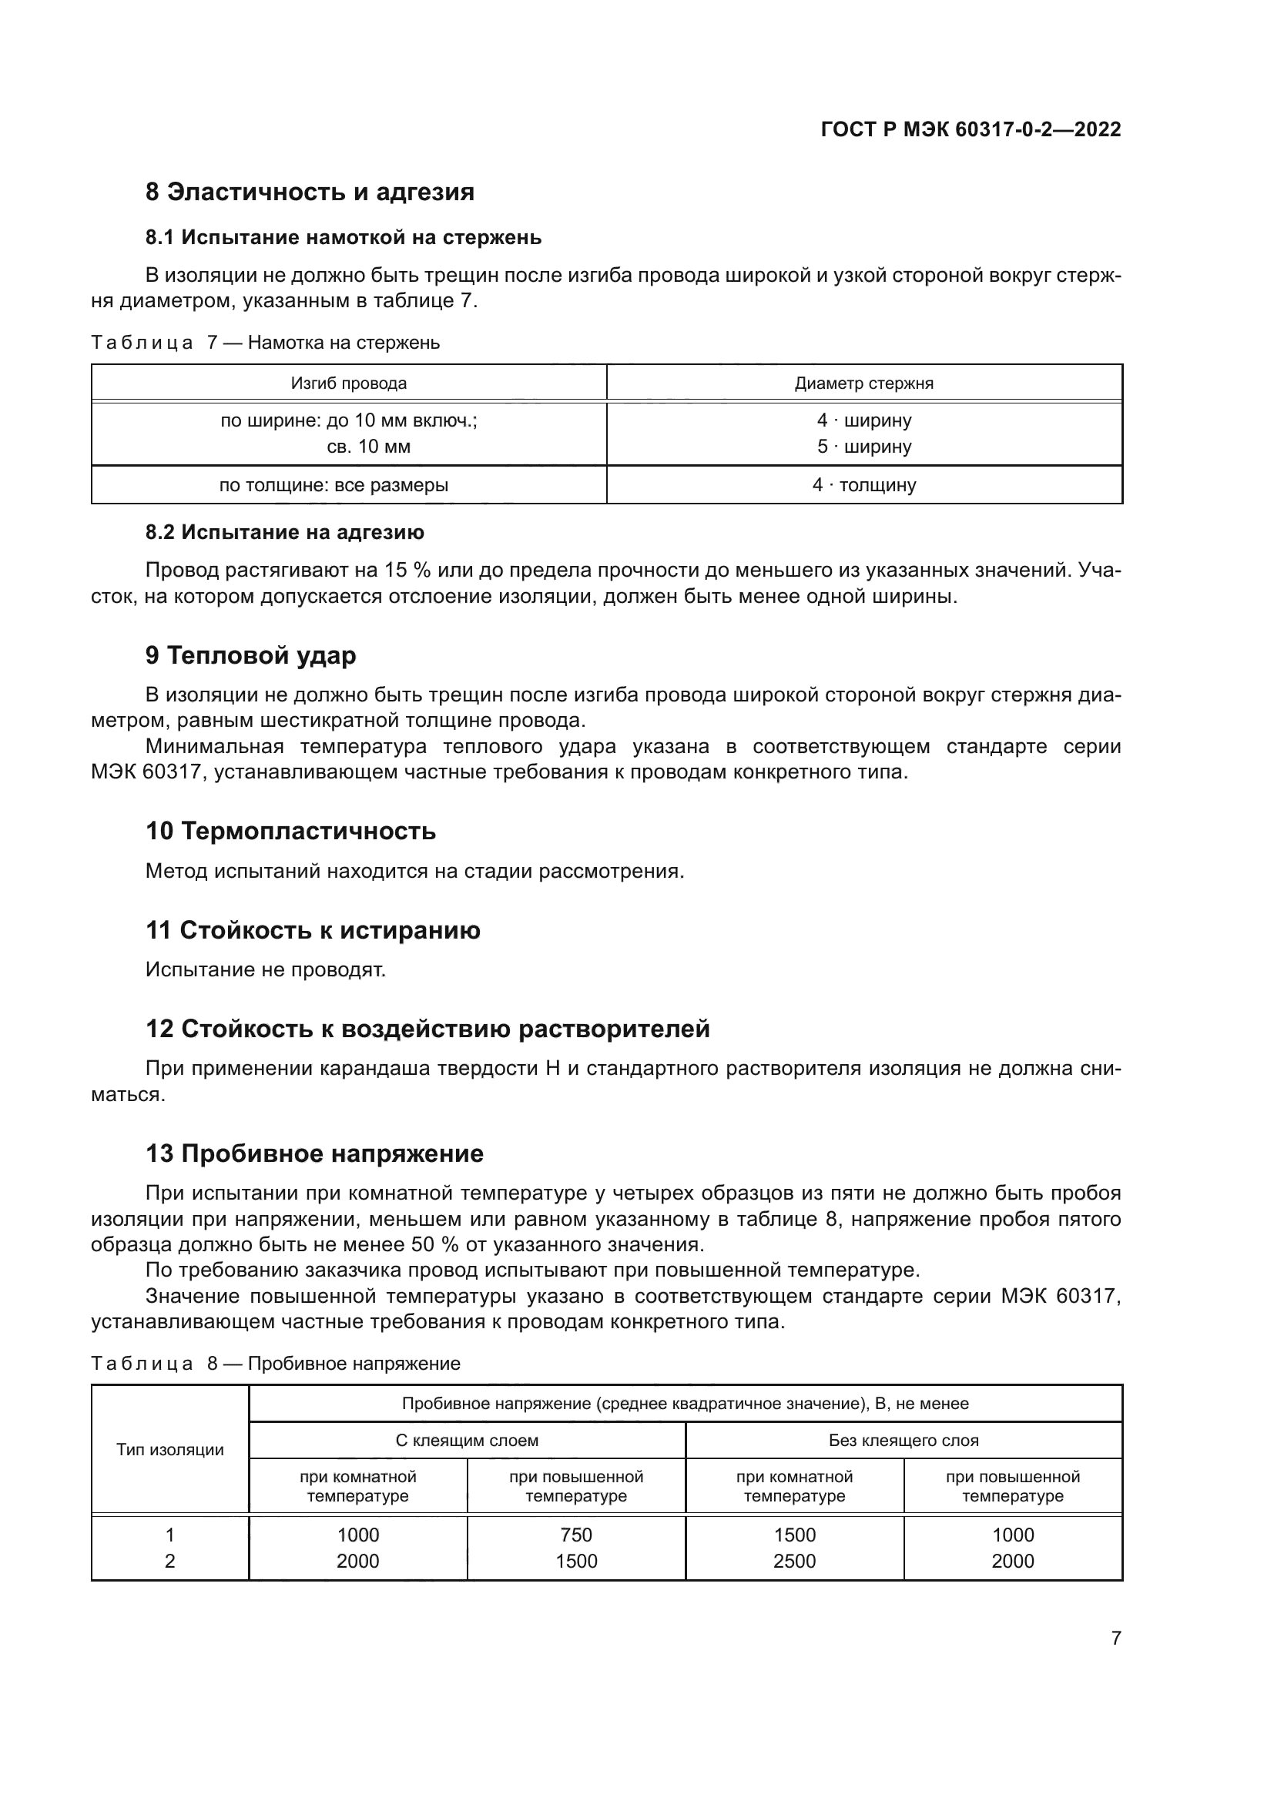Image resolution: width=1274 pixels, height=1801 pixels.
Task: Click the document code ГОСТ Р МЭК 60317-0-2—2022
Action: (971, 129)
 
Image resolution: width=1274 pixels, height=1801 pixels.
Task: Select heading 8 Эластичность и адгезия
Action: (309, 192)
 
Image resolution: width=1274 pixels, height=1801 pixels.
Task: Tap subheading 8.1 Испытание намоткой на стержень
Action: (343, 237)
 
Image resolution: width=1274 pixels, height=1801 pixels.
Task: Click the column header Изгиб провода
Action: (348, 383)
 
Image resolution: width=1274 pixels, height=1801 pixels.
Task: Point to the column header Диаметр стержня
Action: (863, 383)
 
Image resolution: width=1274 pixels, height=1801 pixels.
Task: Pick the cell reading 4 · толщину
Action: (863, 485)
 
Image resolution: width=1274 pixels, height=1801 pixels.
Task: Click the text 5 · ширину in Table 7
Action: (863, 447)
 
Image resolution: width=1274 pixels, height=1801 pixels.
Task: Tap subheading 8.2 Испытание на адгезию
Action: (284, 533)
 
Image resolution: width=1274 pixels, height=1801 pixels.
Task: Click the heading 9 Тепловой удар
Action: (250, 655)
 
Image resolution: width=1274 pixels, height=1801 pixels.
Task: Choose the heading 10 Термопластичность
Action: (290, 831)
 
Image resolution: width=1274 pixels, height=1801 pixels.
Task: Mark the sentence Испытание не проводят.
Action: (265, 969)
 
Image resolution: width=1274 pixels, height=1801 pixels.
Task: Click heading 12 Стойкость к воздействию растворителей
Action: (427, 1029)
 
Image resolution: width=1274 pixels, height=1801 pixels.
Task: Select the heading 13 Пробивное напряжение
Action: (313, 1153)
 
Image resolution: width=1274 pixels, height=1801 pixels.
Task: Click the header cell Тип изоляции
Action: (170, 1450)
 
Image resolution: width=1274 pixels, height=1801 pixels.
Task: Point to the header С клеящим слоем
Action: (467, 1440)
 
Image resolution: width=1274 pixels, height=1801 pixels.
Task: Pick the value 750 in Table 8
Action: (576, 1535)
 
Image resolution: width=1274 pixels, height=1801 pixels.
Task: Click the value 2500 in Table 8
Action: (794, 1561)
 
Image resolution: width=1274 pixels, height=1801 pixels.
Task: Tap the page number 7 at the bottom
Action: (1115, 1638)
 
